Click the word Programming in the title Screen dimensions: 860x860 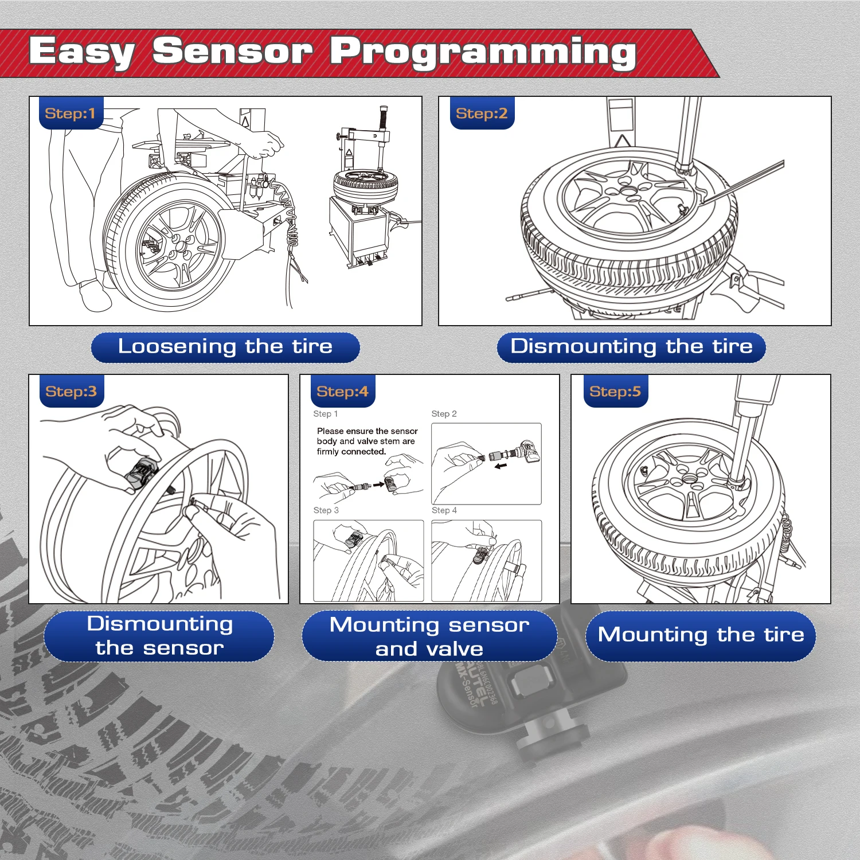pyautogui.click(x=483, y=53)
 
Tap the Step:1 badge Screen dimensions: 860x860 pyautogui.click(x=70, y=114)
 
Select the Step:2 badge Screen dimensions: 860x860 pyautogui.click(x=482, y=114)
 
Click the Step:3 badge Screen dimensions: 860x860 pyautogui.click(x=71, y=392)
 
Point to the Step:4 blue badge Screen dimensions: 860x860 pyautogui.click(x=342, y=392)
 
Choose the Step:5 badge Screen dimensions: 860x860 pyautogui.click(x=615, y=392)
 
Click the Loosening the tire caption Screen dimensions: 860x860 pyautogui.click(x=225, y=347)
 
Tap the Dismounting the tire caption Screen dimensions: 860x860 pyautogui.click(x=631, y=347)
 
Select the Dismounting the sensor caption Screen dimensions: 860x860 pyautogui.click(x=159, y=636)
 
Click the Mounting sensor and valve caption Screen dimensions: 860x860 pyautogui.click(x=429, y=636)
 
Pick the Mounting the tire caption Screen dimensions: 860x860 pyautogui.click(x=701, y=635)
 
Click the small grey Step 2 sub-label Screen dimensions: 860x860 pyautogui.click(x=444, y=414)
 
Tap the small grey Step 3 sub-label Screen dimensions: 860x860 pyautogui.click(x=326, y=510)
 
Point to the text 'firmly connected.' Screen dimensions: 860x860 pyautogui.click(x=351, y=452)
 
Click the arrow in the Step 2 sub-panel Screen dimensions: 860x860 pyautogui.click(x=501, y=466)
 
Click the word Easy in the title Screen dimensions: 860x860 pyautogui.click(x=82, y=53)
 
